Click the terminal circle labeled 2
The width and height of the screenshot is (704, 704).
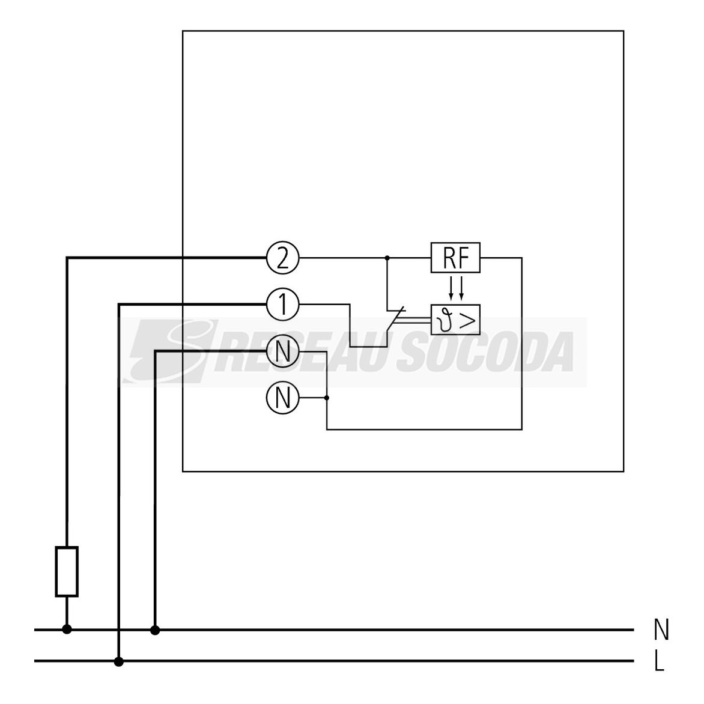point(282,258)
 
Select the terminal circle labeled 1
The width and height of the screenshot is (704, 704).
point(282,305)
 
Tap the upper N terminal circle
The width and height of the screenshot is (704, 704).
point(282,351)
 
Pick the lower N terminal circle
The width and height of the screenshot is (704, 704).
point(282,398)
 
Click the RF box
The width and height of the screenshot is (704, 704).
point(455,258)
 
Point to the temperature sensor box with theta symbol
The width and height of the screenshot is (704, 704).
point(455,320)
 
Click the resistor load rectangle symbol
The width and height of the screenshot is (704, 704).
point(67,572)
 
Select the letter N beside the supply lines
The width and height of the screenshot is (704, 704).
point(661,630)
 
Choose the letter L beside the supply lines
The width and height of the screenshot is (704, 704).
point(659,661)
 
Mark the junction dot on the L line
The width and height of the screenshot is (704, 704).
point(118,661)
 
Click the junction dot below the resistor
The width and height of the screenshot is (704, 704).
point(67,630)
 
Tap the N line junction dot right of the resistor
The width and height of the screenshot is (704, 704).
point(155,630)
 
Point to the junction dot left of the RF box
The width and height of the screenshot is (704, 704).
point(387,258)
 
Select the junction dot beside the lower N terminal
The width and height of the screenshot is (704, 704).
point(326,398)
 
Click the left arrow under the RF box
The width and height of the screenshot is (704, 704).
point(451,288)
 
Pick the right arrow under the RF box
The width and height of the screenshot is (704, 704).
point(461,288)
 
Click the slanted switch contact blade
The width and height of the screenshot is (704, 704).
point(396,320)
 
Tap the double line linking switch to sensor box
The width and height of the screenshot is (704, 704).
point(413,320)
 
